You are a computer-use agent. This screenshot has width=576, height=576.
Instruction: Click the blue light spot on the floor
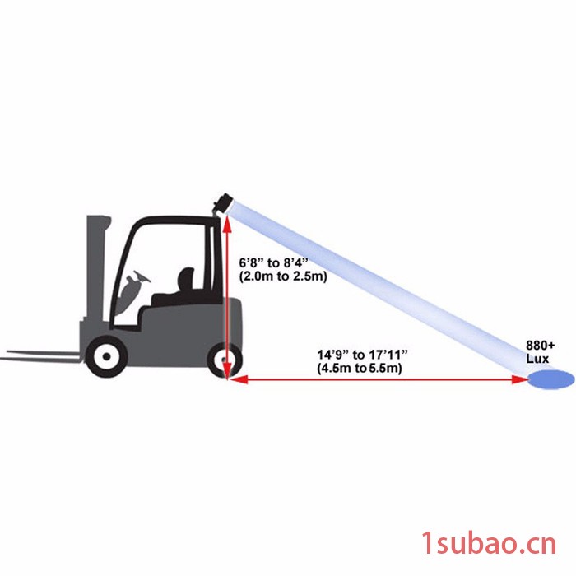[x=551, y=379]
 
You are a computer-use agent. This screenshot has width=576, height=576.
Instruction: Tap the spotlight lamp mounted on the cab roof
[x=224, y=202]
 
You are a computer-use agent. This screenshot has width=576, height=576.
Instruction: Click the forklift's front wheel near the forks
[x=106, y=356]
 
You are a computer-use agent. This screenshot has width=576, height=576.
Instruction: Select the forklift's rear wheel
[x=225, y=360]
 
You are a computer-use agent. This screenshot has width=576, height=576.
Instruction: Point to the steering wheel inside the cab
[x=142, y=276]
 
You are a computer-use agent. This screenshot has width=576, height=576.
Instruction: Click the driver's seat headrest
[x=186, y=279]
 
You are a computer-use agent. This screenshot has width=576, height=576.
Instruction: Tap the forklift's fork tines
[x=40, y=355]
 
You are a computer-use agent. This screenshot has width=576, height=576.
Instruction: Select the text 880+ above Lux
[x=541, y=346]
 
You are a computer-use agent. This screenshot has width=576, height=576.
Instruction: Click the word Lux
[x=537, y=359]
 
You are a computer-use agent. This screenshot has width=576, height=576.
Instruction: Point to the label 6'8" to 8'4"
[x=272, y=263]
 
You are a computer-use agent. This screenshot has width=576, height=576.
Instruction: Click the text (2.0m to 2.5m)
[x=283, y=276]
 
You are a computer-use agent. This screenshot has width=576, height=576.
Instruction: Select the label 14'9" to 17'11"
[x=363, y=355]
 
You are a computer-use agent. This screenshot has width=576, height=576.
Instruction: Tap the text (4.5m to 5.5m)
[x=360, y=368]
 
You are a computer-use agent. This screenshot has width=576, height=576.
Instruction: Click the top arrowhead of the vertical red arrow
[x=227, y=223]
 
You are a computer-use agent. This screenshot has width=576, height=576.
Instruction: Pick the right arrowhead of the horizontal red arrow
[x=521, y=379]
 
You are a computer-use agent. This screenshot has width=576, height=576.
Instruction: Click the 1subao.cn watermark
[x=489, y=544]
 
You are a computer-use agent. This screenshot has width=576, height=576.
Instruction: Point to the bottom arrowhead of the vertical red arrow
[x=227, y=370]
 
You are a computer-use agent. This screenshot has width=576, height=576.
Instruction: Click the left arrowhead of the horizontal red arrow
[x=237, y=379]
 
